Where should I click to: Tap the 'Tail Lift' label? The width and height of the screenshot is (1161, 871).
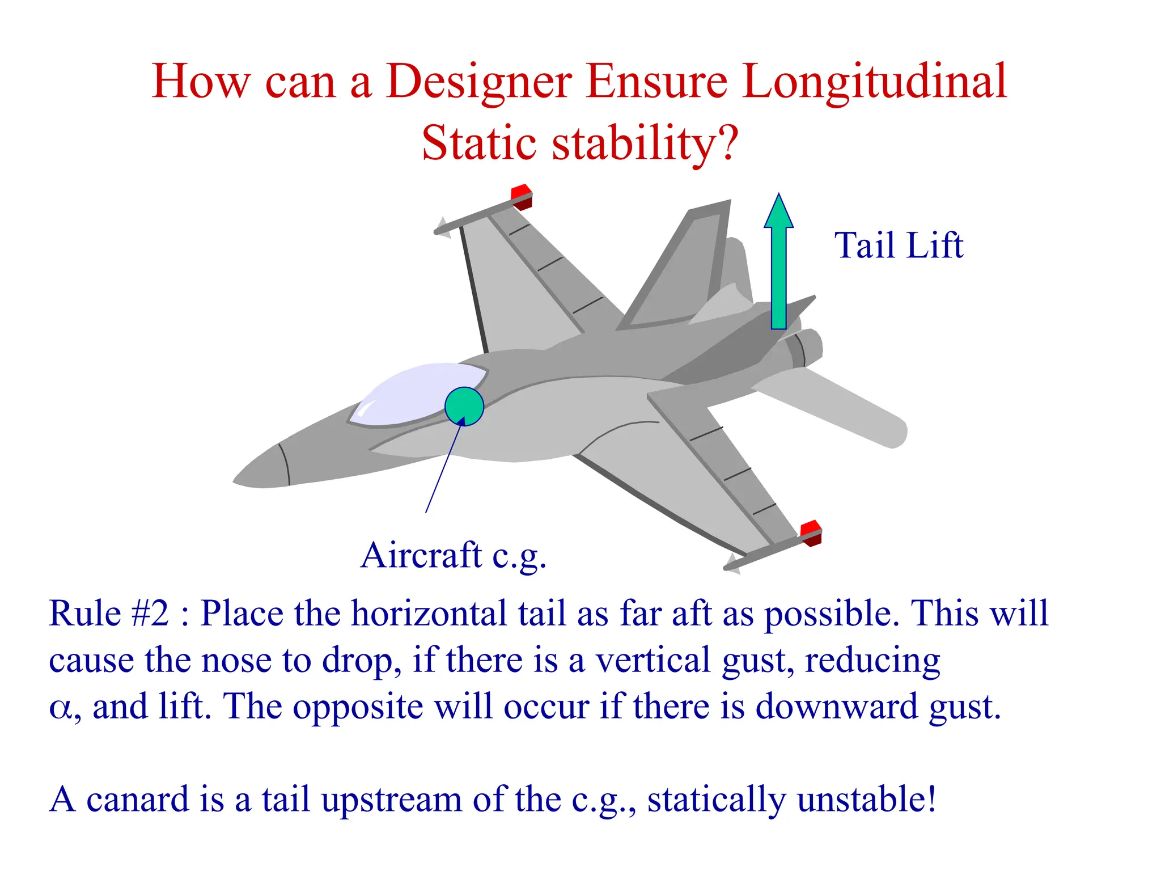click(x=898, y=246)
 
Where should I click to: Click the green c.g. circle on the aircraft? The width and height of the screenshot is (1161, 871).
click(x=464, y=406)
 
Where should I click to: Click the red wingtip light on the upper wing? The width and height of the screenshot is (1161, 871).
click(x=521, y=196)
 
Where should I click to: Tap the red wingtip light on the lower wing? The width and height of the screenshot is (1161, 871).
click(x=811, y=532)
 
